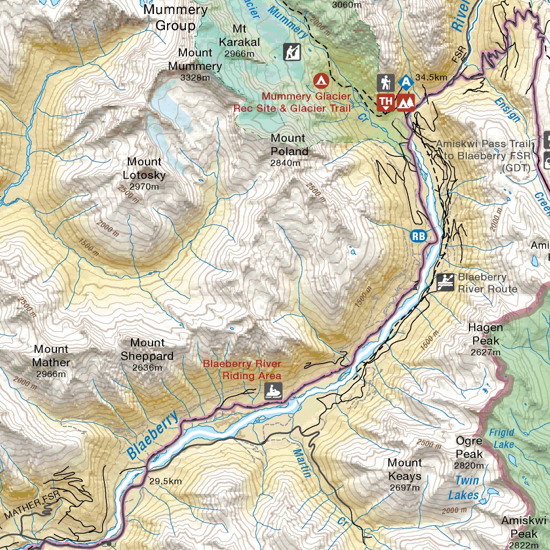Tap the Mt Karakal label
click(239, 35)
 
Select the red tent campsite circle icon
click(321, 81)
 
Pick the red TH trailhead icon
click(385, 102)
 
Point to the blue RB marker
click(419, 235)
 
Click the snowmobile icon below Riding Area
click(273, 392)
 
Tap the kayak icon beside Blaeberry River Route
click(445, 281)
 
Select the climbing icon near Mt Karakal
click(292, 52)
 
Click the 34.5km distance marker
click(431, 77)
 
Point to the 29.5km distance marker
click(165, 481)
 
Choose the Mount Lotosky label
click(144, 168)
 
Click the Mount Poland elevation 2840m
click(285, 163)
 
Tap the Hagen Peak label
click(486, 334)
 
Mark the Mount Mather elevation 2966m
click(51, 374)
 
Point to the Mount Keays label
click(404, 469)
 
